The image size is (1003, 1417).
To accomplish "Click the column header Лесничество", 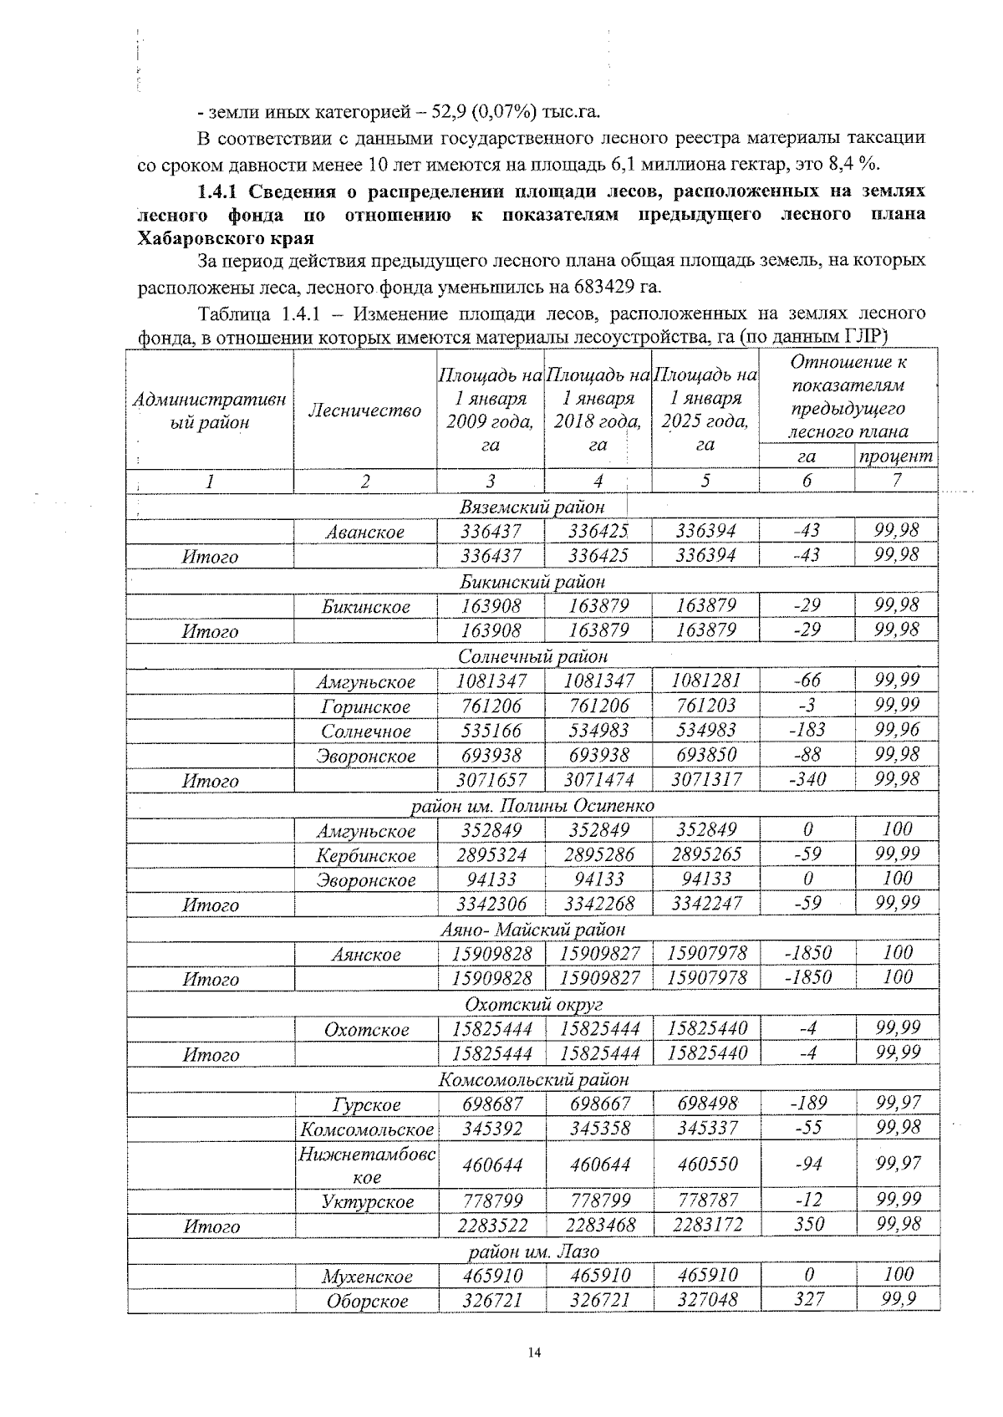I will [x=364, y=410].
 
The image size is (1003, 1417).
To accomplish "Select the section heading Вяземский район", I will [x=532, y=507].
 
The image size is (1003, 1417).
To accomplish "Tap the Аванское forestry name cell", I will [x=365, y=532].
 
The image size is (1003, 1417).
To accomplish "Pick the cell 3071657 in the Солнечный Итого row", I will [x=491, y=780].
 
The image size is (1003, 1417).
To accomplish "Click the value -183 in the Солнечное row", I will [x=807, y=730].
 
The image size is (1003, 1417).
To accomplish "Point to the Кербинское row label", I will [x=365, y=855].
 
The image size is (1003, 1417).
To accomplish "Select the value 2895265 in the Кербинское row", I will [x=706, y=854].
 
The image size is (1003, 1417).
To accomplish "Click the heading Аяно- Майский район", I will [x=532, y=929].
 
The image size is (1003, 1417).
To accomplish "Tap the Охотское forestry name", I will [x=365, y=1029].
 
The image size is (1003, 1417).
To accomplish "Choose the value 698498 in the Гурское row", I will [x=706, y=1104].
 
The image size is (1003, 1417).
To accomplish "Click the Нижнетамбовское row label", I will [x=367, y=1165].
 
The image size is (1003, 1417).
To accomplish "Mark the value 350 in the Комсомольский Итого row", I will [x=807, y=1225].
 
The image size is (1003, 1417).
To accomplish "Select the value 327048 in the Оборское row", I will [x=706, y=1300].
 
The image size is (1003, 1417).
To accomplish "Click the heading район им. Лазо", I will [x=532, y=1251].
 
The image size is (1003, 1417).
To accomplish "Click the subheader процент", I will [x=894, y=456].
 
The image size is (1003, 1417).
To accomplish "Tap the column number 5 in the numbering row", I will [x=705, y=482].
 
